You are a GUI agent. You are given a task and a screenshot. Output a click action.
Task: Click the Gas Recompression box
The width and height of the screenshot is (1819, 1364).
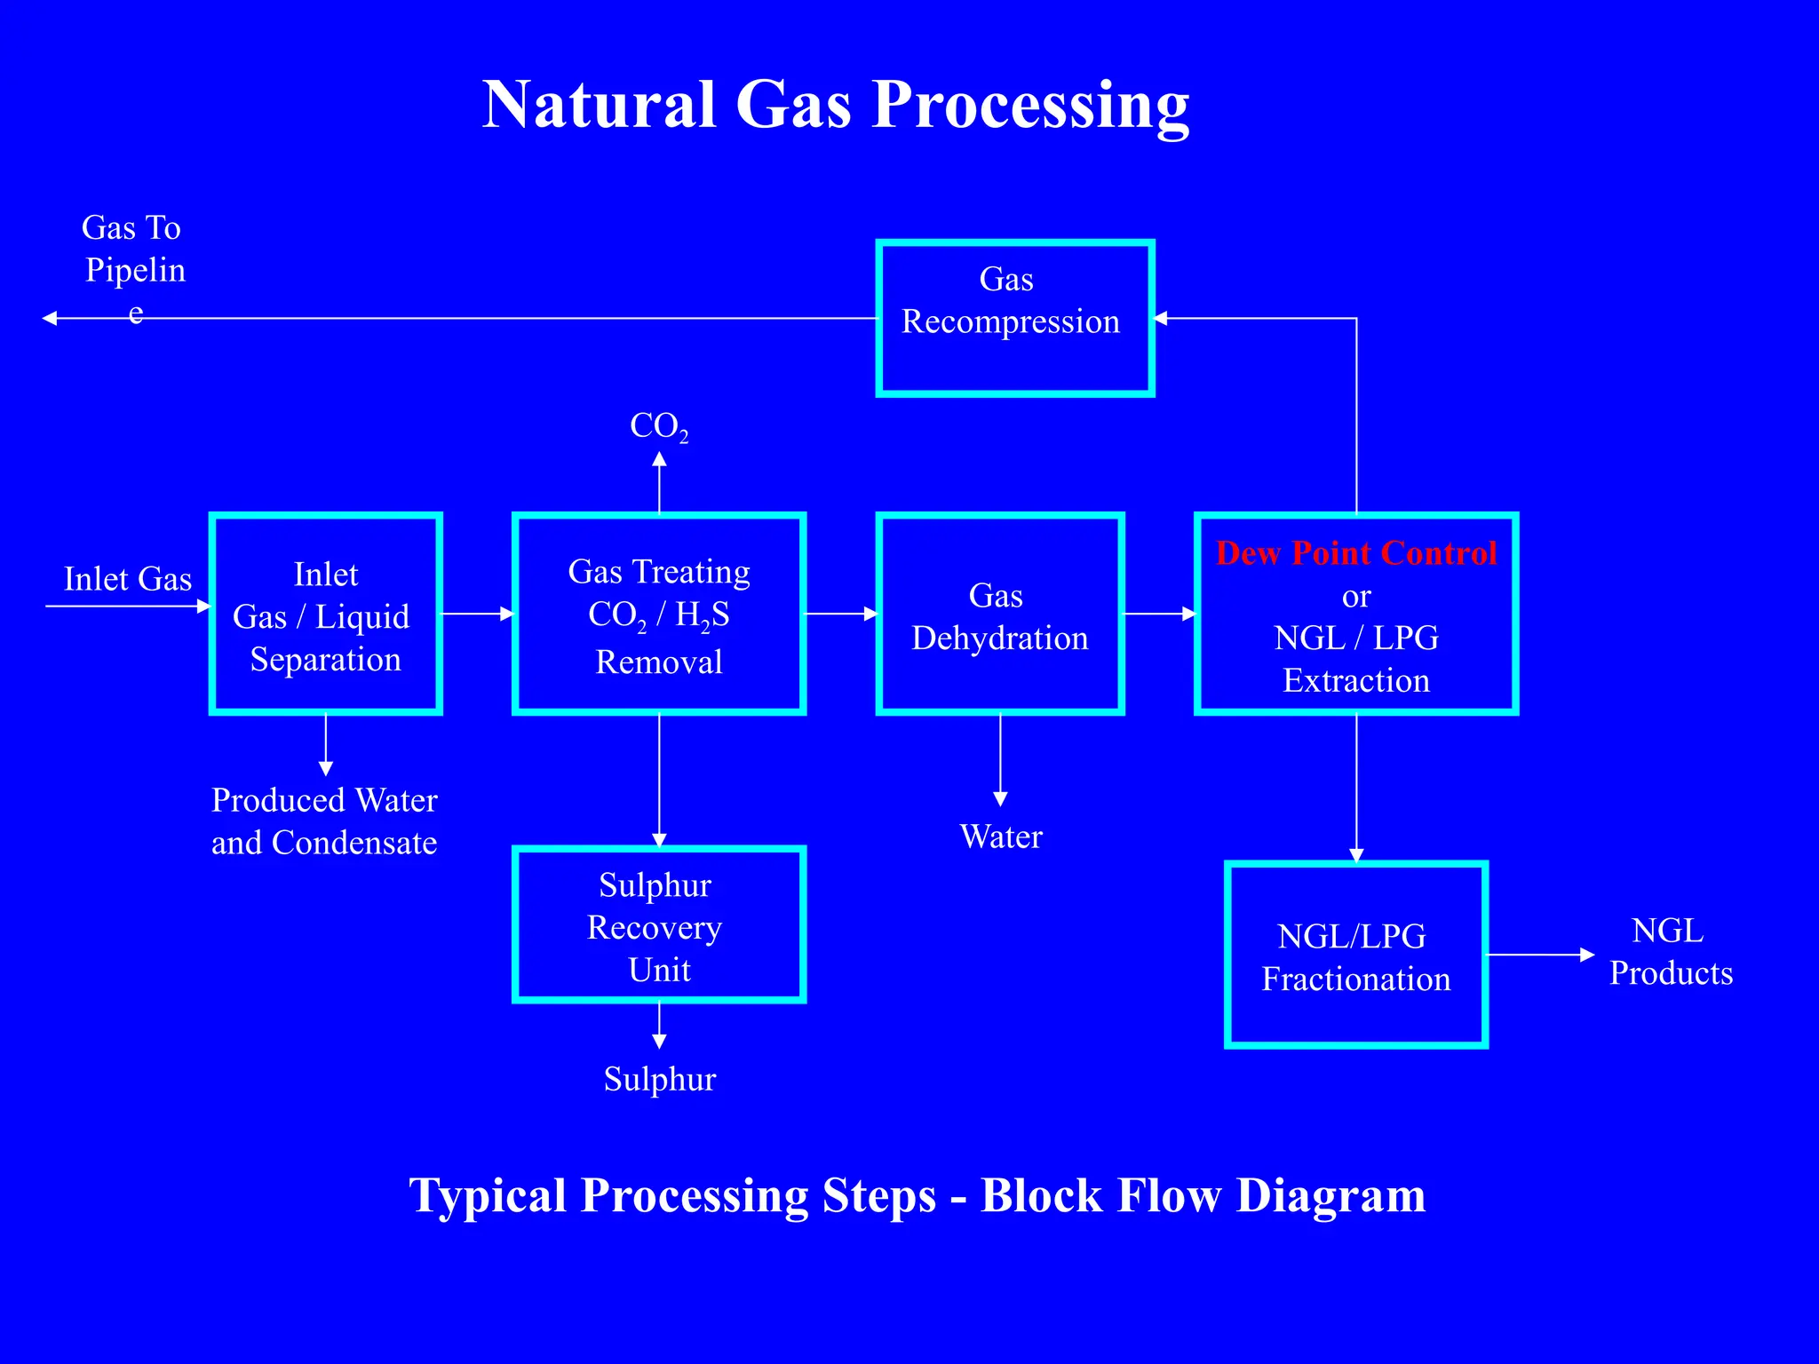tap(1014, 318)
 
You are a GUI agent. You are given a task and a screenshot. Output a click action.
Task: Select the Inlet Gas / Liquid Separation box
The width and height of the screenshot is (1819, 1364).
tap(326, 615)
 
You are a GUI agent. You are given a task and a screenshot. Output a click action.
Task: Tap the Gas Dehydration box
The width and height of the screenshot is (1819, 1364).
tap(1000, 615)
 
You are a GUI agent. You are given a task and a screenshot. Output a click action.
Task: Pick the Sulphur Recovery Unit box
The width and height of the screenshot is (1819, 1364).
tap(658, 925)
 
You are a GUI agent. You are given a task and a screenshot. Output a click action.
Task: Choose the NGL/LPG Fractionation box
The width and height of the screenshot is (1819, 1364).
tap(1355, 956)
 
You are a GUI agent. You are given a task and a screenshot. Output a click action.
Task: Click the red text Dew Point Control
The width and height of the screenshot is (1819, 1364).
tap(1355, 553)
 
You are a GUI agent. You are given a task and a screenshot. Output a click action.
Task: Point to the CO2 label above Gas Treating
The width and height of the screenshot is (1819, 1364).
tap(658, 426)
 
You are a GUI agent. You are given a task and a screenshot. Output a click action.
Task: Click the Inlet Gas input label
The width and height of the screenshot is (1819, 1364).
tap(128, 579)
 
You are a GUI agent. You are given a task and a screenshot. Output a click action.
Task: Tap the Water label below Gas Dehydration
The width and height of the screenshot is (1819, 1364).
tap(1001, 837)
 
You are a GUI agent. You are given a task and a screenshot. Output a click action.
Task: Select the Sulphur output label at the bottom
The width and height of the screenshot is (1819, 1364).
tap(659, 1079)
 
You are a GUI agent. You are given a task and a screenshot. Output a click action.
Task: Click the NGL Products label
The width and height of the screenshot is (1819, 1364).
tap(1670, 952)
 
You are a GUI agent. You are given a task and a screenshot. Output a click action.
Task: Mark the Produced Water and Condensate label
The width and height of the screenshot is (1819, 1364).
tap(324, 821)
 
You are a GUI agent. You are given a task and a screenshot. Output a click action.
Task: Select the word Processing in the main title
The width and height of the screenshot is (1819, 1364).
tap(1030, 105)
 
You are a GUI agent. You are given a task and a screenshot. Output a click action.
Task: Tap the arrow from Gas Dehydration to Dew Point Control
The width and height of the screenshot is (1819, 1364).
tap(1158, 614)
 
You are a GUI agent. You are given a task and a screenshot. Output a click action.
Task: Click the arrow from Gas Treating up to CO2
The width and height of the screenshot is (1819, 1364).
tap(659, 484)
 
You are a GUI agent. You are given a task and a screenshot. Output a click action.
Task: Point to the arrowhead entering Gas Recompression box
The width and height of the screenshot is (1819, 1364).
tap(1162, 318)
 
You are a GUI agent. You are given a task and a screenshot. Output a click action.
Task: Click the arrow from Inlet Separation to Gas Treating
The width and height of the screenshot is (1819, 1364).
tap(477, 614)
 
